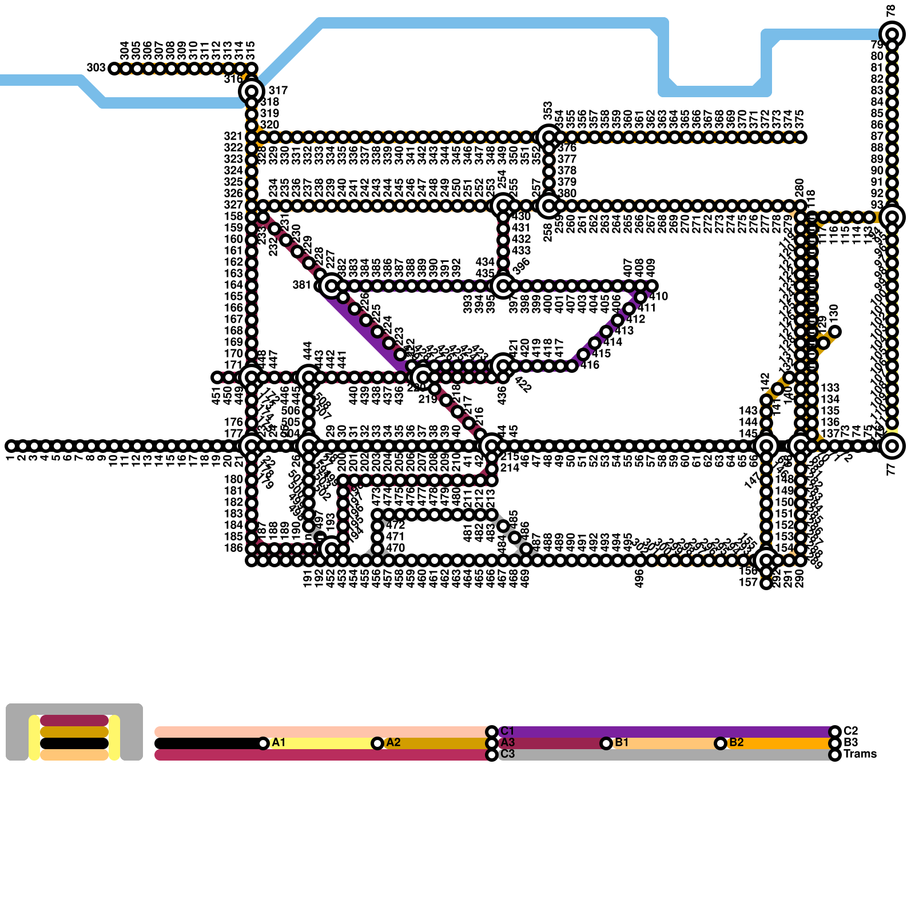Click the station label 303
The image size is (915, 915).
click(x=96, y=68)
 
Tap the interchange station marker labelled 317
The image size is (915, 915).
click(x=252, y=90)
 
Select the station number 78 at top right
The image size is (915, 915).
click(x=890, y=11)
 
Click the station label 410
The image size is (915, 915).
click(x=659, y=296)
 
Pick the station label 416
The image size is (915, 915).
click(x=590, y=365)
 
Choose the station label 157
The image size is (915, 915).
click(x=749, y=582)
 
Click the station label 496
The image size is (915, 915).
click(x=639, y=579)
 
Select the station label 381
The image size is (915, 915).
click(x=302, y=285)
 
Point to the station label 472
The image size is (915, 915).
click(x=395, y=525)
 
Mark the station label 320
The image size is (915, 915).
click(x=269, y=125)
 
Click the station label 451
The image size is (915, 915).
click(x=216, y=395)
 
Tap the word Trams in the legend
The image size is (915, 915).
click(x=860, y=754)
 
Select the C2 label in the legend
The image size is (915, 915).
click(x=851, y=731)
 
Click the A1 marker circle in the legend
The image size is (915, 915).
click(x=263, y=743)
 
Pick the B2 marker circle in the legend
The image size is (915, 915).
click(x=721, y=743)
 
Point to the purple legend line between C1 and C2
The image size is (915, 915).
click(x=663, y=732)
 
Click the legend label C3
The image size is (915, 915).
click(x=507, y=754)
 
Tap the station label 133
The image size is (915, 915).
click(x=830, y=388)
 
